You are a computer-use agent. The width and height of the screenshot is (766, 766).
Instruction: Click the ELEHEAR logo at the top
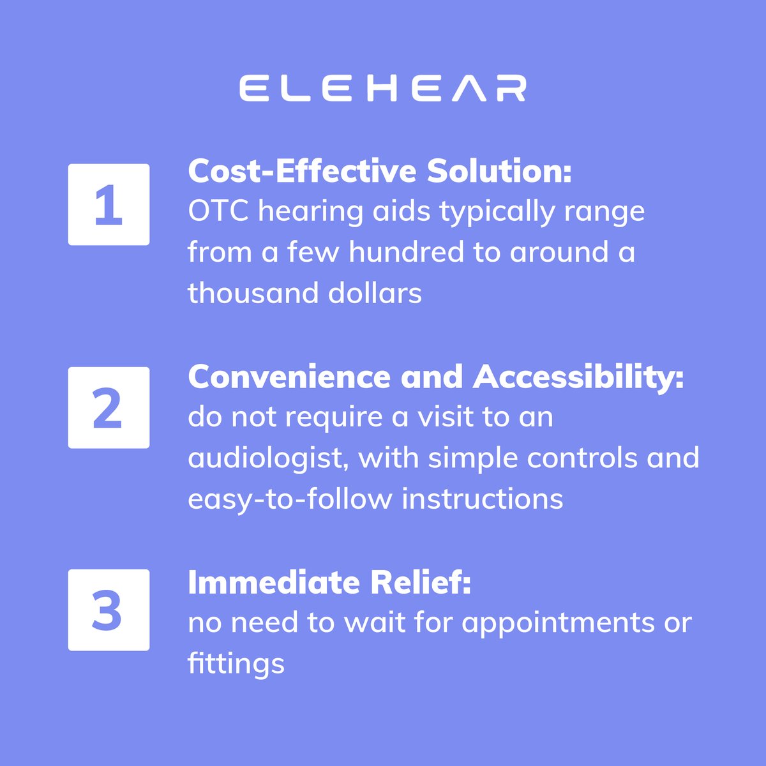click(x=383, y=88)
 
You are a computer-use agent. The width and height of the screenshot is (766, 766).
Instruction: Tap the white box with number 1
click(x=109, y=205)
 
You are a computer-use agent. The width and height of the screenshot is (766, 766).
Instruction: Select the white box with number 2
click(x=109, y=408)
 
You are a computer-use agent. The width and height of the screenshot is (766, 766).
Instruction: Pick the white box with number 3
click(x=109, y=610)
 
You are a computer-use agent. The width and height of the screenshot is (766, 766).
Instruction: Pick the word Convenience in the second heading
click(x=290, y=377)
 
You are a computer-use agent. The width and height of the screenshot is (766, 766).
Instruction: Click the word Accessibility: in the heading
click(x=578, y=377)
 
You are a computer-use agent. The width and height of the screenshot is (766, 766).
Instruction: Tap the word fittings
click(x=236, y=665)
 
